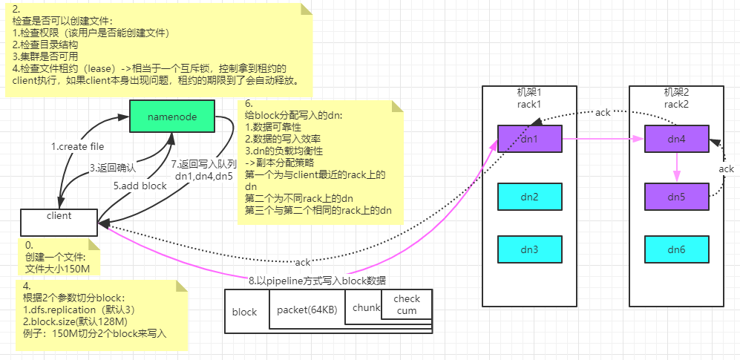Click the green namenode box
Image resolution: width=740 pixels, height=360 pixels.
[172, 117]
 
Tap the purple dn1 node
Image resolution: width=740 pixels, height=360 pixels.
[529, 138]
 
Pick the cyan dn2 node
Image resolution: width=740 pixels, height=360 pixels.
[529, 197]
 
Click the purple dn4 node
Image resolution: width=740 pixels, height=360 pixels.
[676, 138]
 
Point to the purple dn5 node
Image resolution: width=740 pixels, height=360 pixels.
[676, 197]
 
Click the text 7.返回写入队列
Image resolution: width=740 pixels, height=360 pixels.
[204, 163]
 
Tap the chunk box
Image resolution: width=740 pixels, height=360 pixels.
[365, 307]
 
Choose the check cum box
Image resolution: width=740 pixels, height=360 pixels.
[407, 304]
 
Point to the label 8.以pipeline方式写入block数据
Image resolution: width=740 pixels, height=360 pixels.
[318, 280]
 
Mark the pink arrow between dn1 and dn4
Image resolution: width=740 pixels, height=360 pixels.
[601, 138]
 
